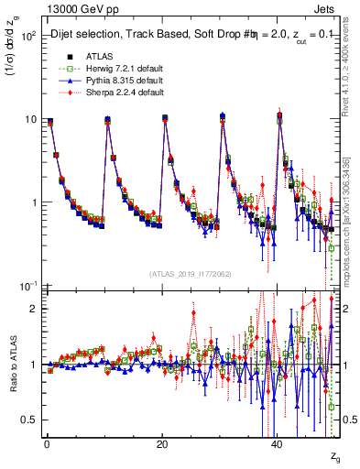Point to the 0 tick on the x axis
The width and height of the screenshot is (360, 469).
(46, 443)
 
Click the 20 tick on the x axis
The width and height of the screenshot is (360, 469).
(161, 443)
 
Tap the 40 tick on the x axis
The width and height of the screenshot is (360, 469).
(278, 443)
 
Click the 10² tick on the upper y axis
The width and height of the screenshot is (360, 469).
(27, 36)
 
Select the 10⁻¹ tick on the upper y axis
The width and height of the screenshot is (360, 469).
(27, 286)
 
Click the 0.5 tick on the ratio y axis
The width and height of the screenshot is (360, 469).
(29, 420)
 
